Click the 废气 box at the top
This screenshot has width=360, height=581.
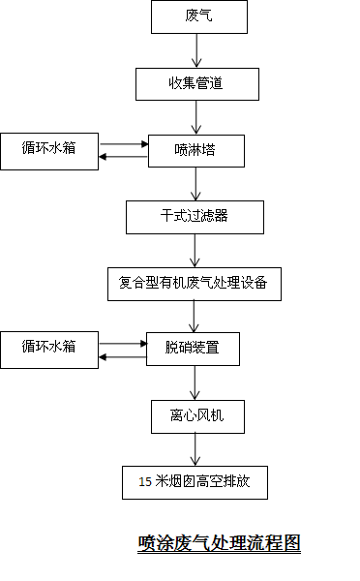click(199, 17)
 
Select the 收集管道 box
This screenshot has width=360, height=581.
click(197, 84)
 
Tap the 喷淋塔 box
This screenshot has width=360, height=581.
click(196, 151)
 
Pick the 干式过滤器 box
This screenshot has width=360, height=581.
click(195, 218)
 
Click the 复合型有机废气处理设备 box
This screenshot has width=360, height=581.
click(195, 284)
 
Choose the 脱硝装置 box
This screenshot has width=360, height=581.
click(193, 349)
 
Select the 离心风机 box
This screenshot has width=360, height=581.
click(197, 416)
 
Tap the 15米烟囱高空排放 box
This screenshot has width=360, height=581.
click(195, 483)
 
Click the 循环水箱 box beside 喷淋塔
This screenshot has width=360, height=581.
click(49, 152)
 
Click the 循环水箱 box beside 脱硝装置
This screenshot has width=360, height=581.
click(49, 351)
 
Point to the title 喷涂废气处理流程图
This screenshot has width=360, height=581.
click(219, 543)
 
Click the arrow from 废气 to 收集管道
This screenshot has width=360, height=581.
click(196, 50)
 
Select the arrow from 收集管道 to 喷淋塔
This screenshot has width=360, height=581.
click(196, 117)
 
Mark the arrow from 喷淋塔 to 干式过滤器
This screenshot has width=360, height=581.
click(195, 184)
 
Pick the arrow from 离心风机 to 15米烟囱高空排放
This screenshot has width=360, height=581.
click(195, 450)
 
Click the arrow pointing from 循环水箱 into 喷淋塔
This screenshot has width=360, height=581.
click(124, 143)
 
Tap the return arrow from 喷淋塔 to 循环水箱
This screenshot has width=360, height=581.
click(123, 157)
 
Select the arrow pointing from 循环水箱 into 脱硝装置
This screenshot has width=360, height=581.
click(123, 344)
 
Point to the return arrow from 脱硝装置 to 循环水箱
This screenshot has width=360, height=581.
click(123, 356)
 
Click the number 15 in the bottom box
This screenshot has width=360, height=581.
click(145, 481)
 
